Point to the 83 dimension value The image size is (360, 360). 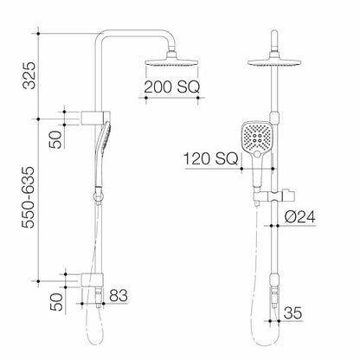click(x=119, y=297)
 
